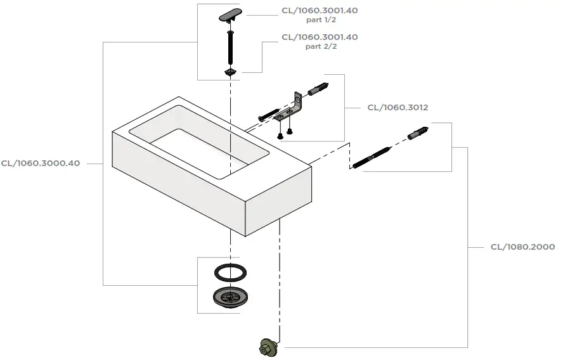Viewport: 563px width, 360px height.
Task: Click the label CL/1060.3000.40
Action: click(x=41, y=164)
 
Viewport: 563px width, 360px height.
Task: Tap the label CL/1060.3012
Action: click(x=398, y=108)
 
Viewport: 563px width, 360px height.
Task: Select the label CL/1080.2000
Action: click(x=523, y=247)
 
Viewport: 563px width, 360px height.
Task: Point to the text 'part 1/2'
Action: click(x=321, y=20)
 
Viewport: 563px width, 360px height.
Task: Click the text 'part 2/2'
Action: click(x=321, y=47)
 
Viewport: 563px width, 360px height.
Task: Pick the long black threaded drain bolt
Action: click(x=230, y=48)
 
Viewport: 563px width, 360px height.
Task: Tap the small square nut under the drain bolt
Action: click(x=230, y=72)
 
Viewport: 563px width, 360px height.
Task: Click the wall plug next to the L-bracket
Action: click(x=318, y=89)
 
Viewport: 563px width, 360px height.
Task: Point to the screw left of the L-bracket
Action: click(x=269, y=115)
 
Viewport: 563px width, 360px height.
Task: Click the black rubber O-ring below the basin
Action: click(x=231, y=272)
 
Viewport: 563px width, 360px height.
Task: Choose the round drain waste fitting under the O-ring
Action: click(x=230, y=297)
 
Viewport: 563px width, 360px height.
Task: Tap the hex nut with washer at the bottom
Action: click(x=268, y=347)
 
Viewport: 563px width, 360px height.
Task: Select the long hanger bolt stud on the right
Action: click(x=372, y=157)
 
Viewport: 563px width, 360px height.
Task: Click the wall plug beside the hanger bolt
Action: click(x=418, y=133)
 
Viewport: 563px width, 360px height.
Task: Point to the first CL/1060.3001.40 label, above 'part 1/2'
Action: click(x=320, y=10)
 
